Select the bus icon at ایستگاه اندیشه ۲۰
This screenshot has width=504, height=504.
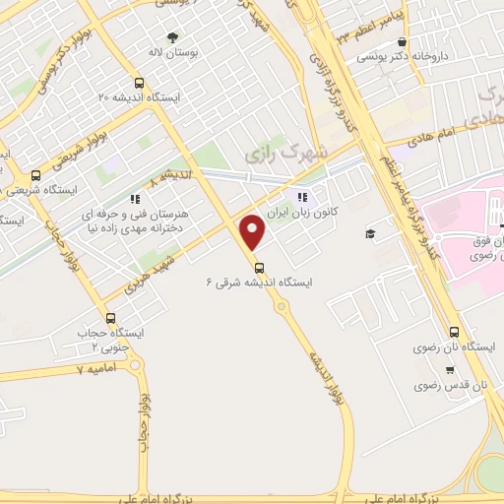tap(139, 84)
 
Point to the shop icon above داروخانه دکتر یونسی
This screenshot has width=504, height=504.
tap(405, 42)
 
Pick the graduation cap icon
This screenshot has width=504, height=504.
tap(370, 233)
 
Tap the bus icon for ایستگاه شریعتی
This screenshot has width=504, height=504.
tap(36, 177)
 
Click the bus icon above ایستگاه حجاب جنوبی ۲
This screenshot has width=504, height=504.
tap(109, 318)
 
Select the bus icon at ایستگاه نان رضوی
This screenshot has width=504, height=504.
tap(454, 332)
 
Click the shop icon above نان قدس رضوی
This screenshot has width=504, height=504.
tap(450, 371)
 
